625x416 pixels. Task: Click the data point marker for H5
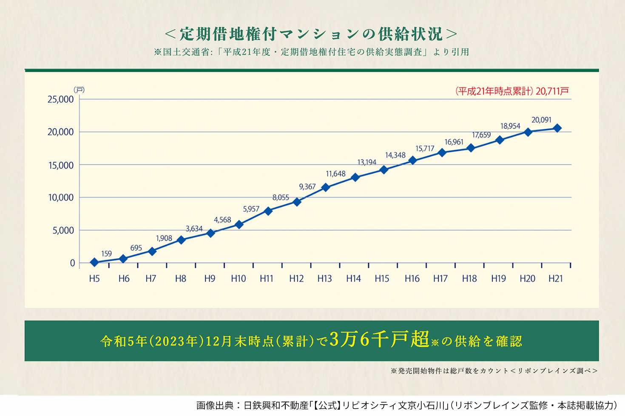coord(94,262)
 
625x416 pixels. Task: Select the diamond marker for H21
coord(557,128)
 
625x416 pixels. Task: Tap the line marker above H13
coord(326,187)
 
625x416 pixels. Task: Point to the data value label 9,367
coord(307,187)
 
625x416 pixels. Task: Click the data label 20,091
coord(541,120)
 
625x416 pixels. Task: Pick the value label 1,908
coord(164,238)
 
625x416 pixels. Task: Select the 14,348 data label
coord(395,155)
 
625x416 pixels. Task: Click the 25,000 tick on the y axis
coord(61,99)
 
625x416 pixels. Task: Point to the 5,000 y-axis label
coord(63,230)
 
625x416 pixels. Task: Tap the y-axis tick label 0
coord(72,263)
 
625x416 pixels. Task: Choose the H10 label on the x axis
coord(238,278)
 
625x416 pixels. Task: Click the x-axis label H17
coord(440,278)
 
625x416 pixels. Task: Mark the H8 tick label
coord(181,278)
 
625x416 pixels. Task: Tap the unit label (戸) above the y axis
coord(79,90)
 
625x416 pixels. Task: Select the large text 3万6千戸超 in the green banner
coord(379,340)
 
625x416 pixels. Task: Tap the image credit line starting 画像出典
coord(406,405)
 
